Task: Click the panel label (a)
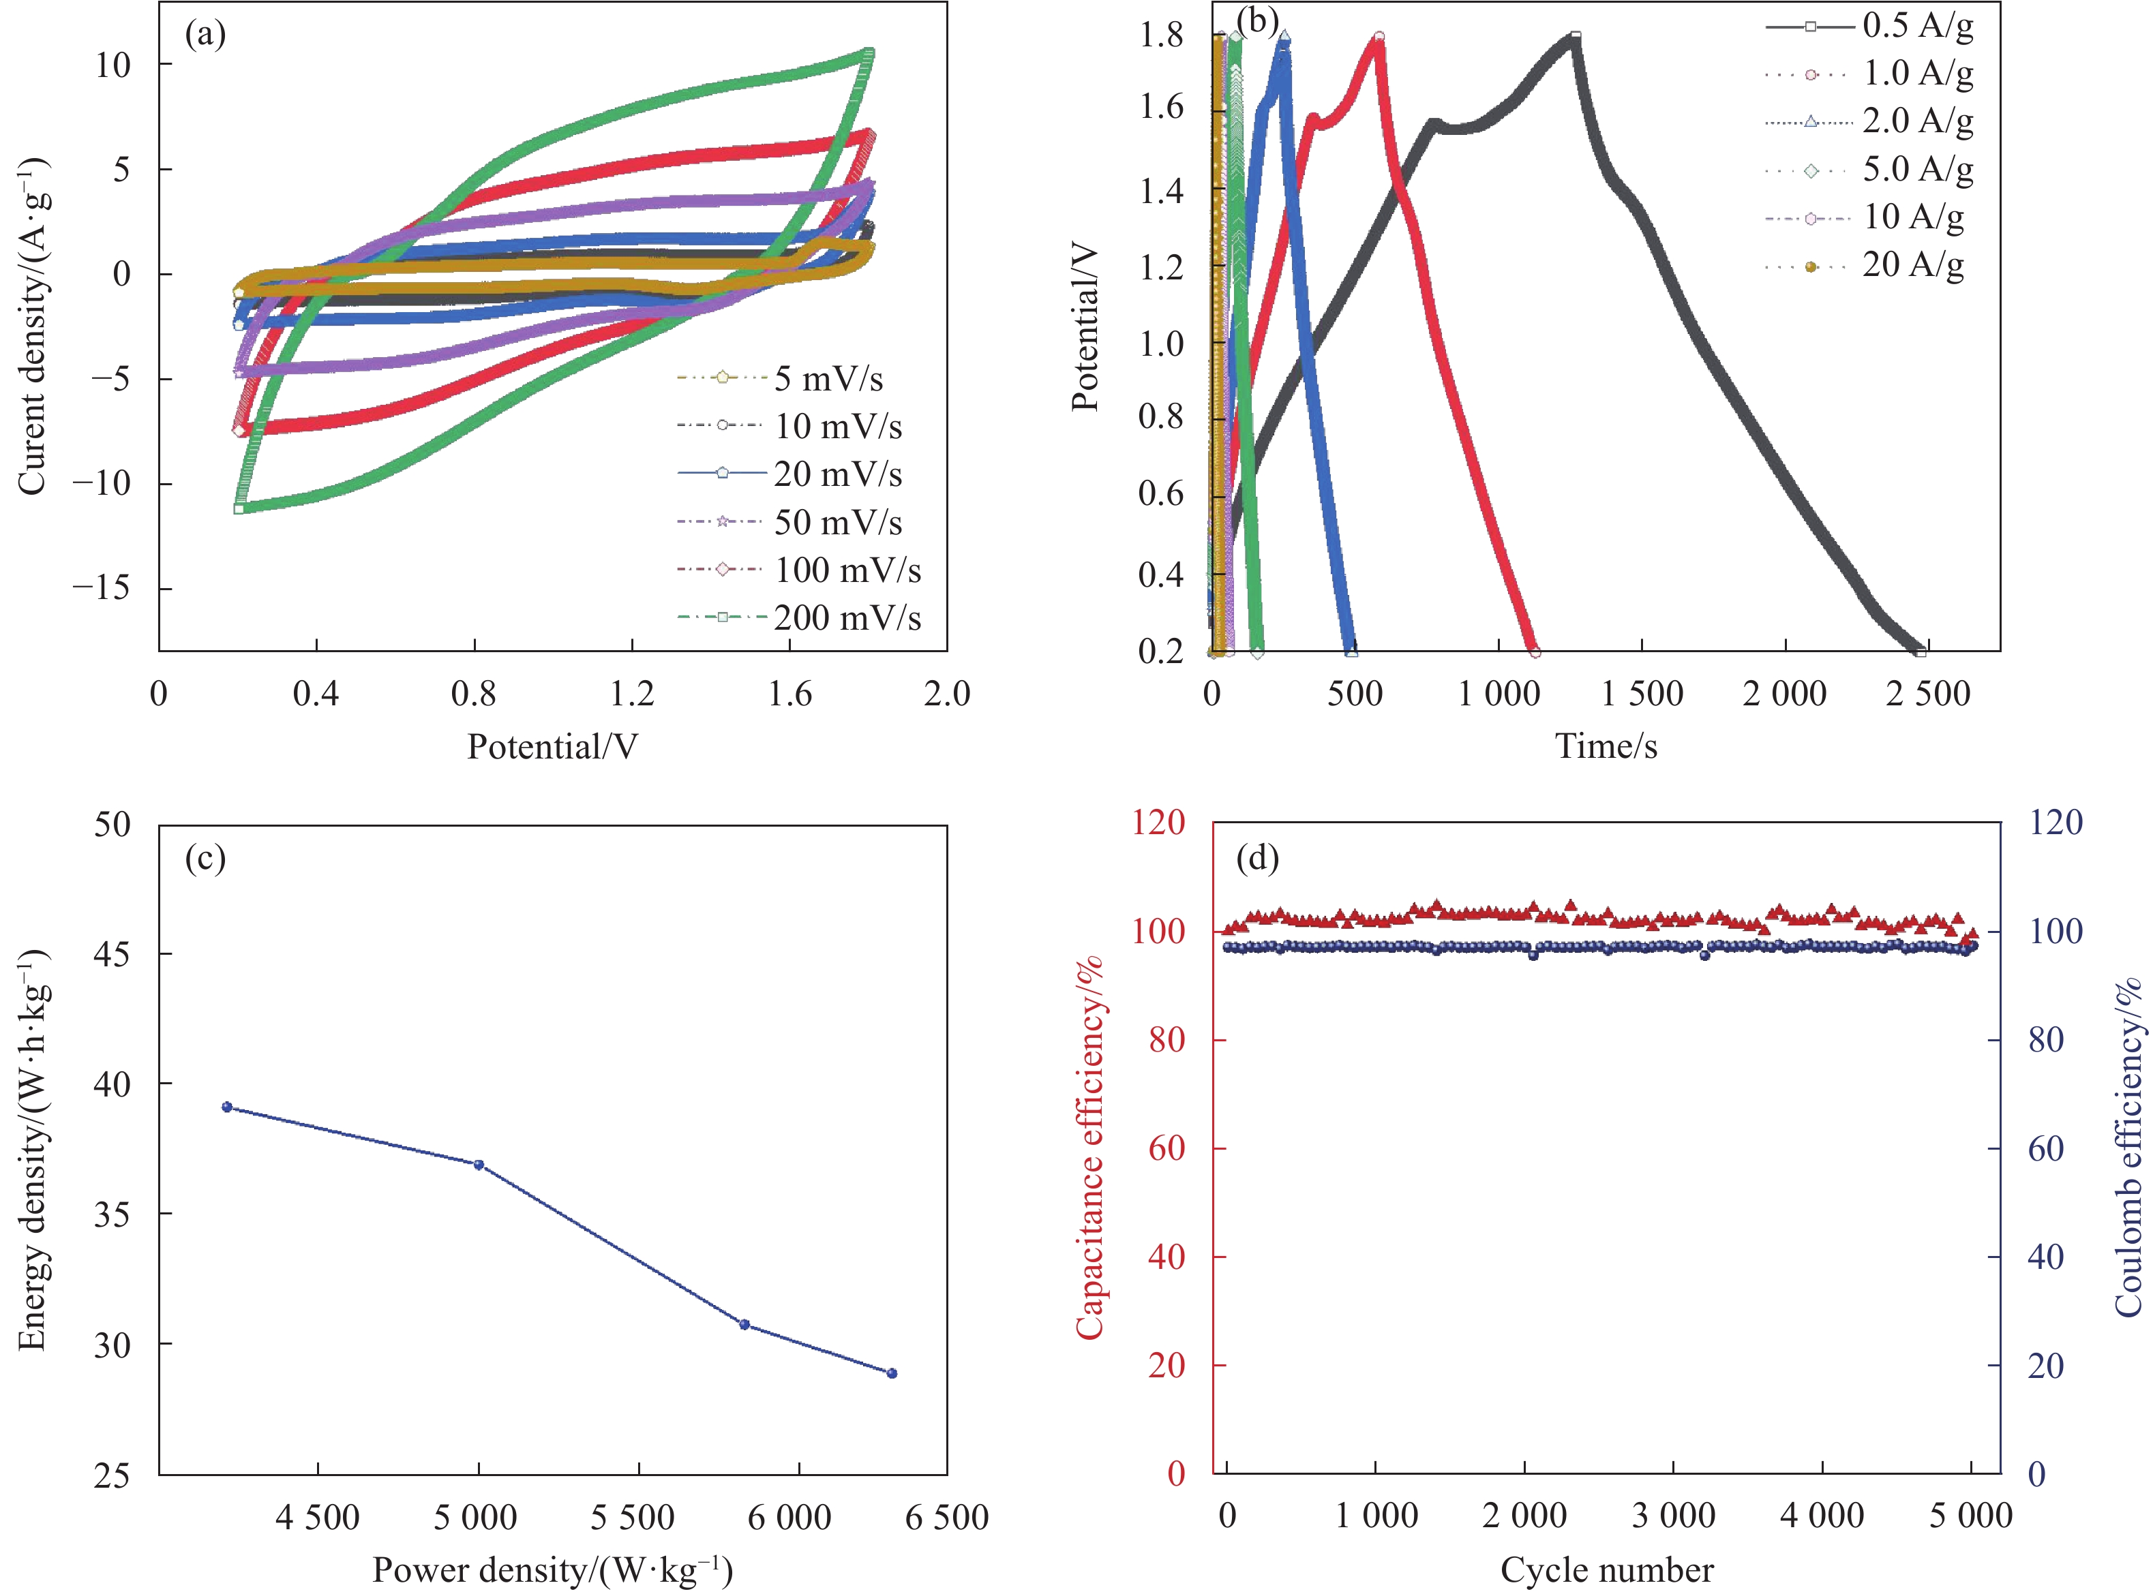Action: pos(205,35)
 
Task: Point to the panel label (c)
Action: pos(205,858)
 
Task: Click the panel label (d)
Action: pos(1257,858)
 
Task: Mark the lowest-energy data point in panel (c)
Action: pos(892,1373)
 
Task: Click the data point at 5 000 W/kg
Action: pos(479,1165)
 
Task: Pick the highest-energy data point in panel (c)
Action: pos(227,1107)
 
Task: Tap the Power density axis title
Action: pos(552,1570)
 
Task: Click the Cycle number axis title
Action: pos(1607,1570)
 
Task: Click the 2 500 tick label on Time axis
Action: pos(1927,694)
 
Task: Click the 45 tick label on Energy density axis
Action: pos(112,954)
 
